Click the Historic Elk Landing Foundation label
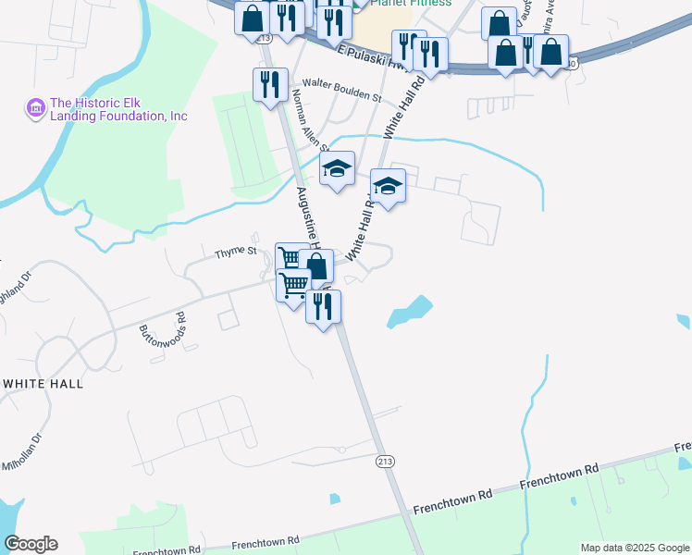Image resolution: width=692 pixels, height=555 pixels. point(118,110)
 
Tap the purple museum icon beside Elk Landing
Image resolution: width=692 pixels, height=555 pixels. point(37,109)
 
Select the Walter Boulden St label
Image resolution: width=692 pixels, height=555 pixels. point(335,96)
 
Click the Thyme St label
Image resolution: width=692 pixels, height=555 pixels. point(235,252)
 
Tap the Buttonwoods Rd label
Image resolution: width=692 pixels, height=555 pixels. point(163,329)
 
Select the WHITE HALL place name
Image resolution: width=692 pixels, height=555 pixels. point(43,383)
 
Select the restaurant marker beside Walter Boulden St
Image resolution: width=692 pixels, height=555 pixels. point(270,84)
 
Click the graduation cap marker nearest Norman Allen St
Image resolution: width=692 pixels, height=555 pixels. point(338,168)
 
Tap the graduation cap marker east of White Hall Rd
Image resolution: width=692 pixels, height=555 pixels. point(389,186)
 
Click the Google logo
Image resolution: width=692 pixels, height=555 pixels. point(31,544)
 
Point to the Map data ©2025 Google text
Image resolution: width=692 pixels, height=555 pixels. point(634,548)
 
